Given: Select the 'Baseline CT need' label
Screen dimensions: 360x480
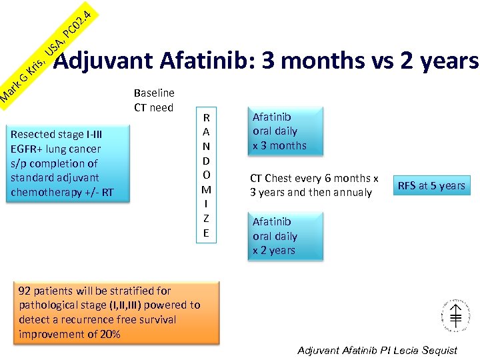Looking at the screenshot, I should pos(153,100).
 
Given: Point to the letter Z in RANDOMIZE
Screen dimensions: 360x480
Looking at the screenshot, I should pos(206,218).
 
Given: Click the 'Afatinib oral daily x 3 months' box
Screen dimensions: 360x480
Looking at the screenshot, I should pos(285,131).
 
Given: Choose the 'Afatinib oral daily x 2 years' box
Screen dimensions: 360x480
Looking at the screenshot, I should pos(285,236).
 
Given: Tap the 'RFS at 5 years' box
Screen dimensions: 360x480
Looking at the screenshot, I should pos(431,185).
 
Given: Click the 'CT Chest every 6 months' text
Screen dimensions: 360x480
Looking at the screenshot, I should pos(313,179).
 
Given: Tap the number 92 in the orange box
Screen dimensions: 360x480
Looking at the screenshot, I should pos(25,291).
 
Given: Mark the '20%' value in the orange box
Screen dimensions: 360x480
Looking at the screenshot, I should pos(109,334).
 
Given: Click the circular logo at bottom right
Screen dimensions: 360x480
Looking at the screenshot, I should pos(452,313).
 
